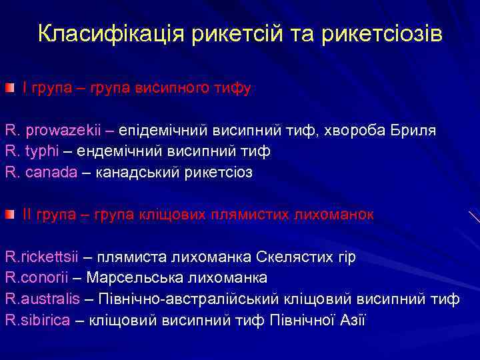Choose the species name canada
pos(51,172)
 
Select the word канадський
pos(135,172)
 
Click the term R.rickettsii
pos(41,257)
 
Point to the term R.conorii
pos(37,277)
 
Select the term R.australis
pos(42,299)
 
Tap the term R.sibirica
pos(37,320)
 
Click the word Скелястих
pos(297,257)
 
